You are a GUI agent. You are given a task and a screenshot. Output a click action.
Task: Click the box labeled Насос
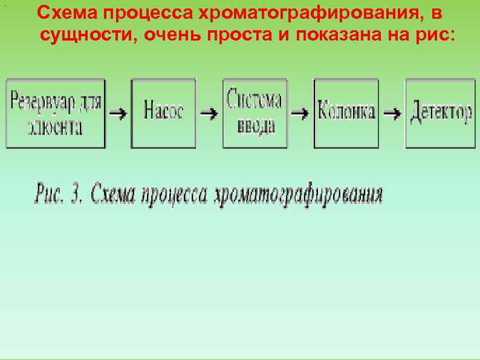pos(163,113)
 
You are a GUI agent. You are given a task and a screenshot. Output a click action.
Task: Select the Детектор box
pos(440,113)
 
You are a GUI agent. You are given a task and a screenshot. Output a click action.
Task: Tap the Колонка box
pos(346,113)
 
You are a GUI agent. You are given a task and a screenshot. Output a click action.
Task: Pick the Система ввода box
pos(255,113)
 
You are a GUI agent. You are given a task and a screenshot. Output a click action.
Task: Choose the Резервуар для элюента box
pos(55,113)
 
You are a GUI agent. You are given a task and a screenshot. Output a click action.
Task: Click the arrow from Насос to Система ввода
pos(209,113)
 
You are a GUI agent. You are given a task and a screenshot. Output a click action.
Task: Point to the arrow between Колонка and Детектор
pos(392,113)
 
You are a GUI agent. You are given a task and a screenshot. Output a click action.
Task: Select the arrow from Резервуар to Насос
pos(118,113)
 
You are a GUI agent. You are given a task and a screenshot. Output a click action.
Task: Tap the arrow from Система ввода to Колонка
pos(300,113)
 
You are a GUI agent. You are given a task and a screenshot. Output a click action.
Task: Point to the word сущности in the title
pos(88,34)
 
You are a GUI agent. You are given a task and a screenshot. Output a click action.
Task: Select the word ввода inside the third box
pos(255,125)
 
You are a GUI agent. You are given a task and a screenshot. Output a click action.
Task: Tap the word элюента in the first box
pos(55,128)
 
